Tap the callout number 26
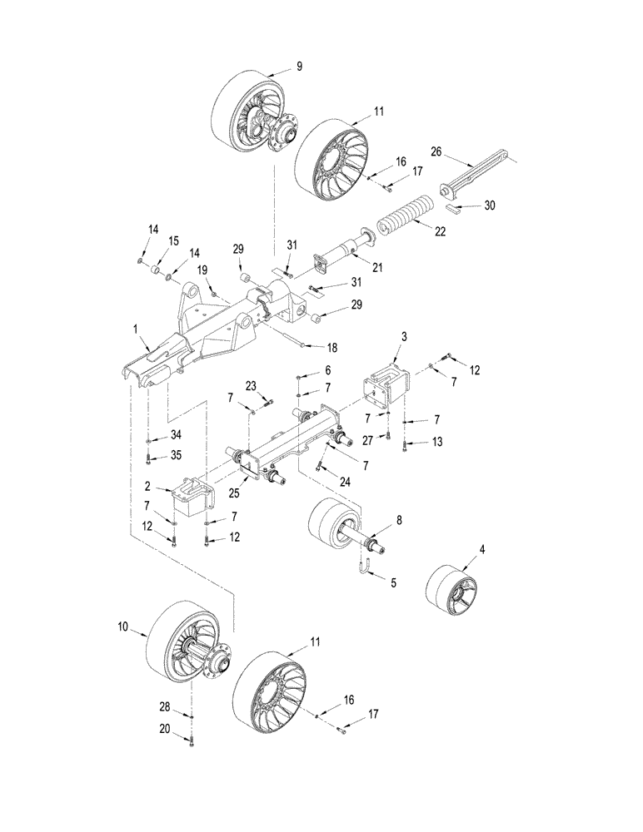[x=436, y=151]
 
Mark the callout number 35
[x=175, y=456]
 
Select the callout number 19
[x=202, y=270]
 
